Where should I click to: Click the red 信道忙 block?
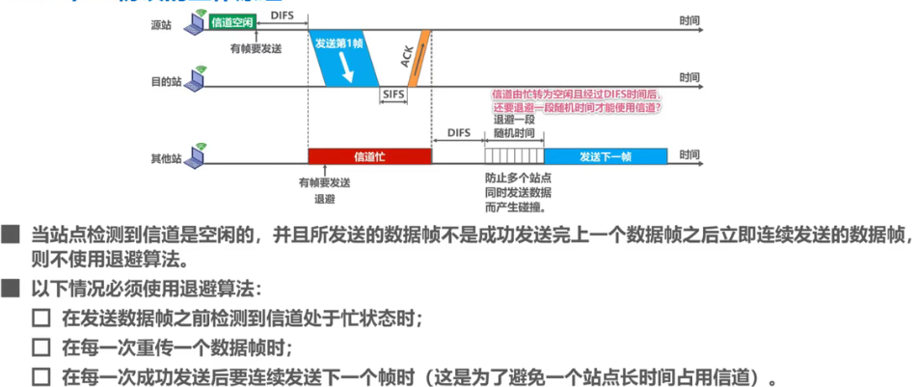click(x=369, y=155)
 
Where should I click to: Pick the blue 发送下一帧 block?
click(x=607, y=155)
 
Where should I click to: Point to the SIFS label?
click(x=391, y=96)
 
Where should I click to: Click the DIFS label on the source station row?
click(x=283, y=15)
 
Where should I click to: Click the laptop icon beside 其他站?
click(x=198, y=151)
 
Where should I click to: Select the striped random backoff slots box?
click(x=514, y=155)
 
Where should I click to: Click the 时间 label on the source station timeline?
click(x=689, y=18)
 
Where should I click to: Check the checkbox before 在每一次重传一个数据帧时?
click(x=40, y=346)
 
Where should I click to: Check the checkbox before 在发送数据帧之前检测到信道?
click(x=40, y=318)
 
